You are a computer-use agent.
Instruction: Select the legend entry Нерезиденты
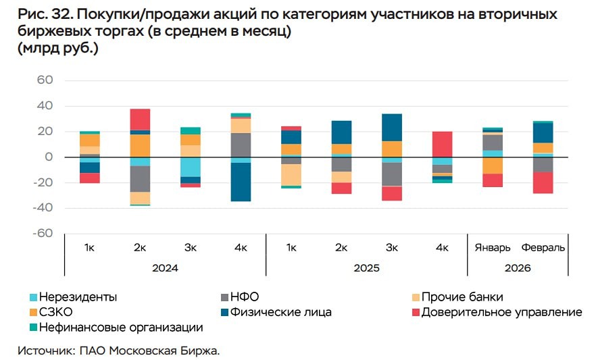click(x=78, y=297)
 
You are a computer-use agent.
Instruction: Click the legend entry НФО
click(x=245, y=297)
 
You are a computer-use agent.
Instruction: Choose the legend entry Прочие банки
click(x=462, y=297)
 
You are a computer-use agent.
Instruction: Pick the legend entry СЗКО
click(x=56, y=312)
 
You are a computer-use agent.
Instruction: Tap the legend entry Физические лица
click(x=280, y=312)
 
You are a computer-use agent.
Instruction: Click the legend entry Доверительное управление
click(x=501, y=312)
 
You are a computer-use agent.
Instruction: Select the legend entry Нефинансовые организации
click(x=121, y=328)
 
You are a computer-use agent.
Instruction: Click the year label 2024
click(x=165, y=268)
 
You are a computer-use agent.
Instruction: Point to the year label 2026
click(x=518, y=268)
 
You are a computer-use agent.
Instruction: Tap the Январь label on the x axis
click(x=493, y=248)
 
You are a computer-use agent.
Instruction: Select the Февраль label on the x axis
click(x=543, y=248)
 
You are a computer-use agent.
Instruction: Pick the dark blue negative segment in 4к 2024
click(x=241, y=182)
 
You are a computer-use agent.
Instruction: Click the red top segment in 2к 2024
click(x=140, y=119)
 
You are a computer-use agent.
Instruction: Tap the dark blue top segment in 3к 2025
click(x=392, y=127)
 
